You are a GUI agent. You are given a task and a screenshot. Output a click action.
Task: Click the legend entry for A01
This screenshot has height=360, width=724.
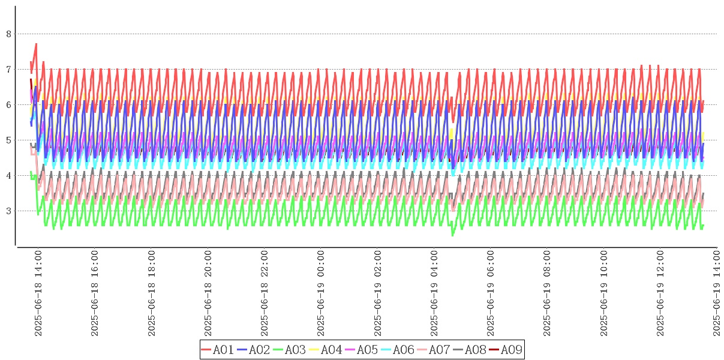pyautogui.click(x=218, y=350)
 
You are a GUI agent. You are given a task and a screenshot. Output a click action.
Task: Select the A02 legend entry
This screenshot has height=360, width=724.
pyautogui.click(x=254, y=350)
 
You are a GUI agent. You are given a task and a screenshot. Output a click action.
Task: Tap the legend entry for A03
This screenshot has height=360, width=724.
pyautogui.click(x=290, y=350)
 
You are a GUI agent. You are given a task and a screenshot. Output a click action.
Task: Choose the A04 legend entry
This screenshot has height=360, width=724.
pyautogui.click(x=326, y=350)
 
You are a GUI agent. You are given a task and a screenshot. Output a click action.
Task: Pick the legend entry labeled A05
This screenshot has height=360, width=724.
pyautogui.click(x=362, y=350)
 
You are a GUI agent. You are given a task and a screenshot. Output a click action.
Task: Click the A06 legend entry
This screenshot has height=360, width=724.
pyautogui.click(x=398, y=350)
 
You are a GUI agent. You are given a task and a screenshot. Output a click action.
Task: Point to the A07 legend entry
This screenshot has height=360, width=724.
pyautogui.click(x=434, y=350)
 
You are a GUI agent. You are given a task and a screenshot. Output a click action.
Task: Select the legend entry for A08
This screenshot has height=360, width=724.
pyautogui.click(x=470, y=350)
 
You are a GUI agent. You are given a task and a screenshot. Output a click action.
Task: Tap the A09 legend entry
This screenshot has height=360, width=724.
pyautogui.click(x=506, y=350)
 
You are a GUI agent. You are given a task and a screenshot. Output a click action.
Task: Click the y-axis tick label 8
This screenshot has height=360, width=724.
pyautogui.click(x=8, y=34)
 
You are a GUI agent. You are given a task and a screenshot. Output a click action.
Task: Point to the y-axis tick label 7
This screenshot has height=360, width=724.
pyautogui.click(x=8, y=70)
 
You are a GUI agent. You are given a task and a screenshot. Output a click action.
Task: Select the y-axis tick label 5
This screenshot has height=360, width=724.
pyautogui.click(x=8, y=140)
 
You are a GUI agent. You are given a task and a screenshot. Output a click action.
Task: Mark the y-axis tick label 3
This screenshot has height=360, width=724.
pyautogui.click(x=8, y=211)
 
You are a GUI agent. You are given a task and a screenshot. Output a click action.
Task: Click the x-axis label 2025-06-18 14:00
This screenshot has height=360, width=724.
pyautogui.click(x=38, y=293)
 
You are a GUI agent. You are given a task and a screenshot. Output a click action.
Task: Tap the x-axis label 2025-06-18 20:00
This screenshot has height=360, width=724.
pyautogui.click(x=208, y=293)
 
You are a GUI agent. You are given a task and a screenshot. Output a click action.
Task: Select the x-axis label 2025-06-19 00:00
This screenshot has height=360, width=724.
pyautogui.click(x=322, y=293)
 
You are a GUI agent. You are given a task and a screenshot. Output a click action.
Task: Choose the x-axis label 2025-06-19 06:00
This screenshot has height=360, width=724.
pyautogui.click(x=491, y=293)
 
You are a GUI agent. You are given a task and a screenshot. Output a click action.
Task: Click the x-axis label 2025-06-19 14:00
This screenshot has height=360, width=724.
pyautogui.click(x=717, y=293)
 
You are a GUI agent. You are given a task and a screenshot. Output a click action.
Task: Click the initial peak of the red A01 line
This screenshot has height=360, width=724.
pyautogui.click(x=36, y=44)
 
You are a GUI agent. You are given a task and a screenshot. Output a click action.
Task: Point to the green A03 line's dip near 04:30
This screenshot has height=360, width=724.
pyautogui.click(x=452, y=235)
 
